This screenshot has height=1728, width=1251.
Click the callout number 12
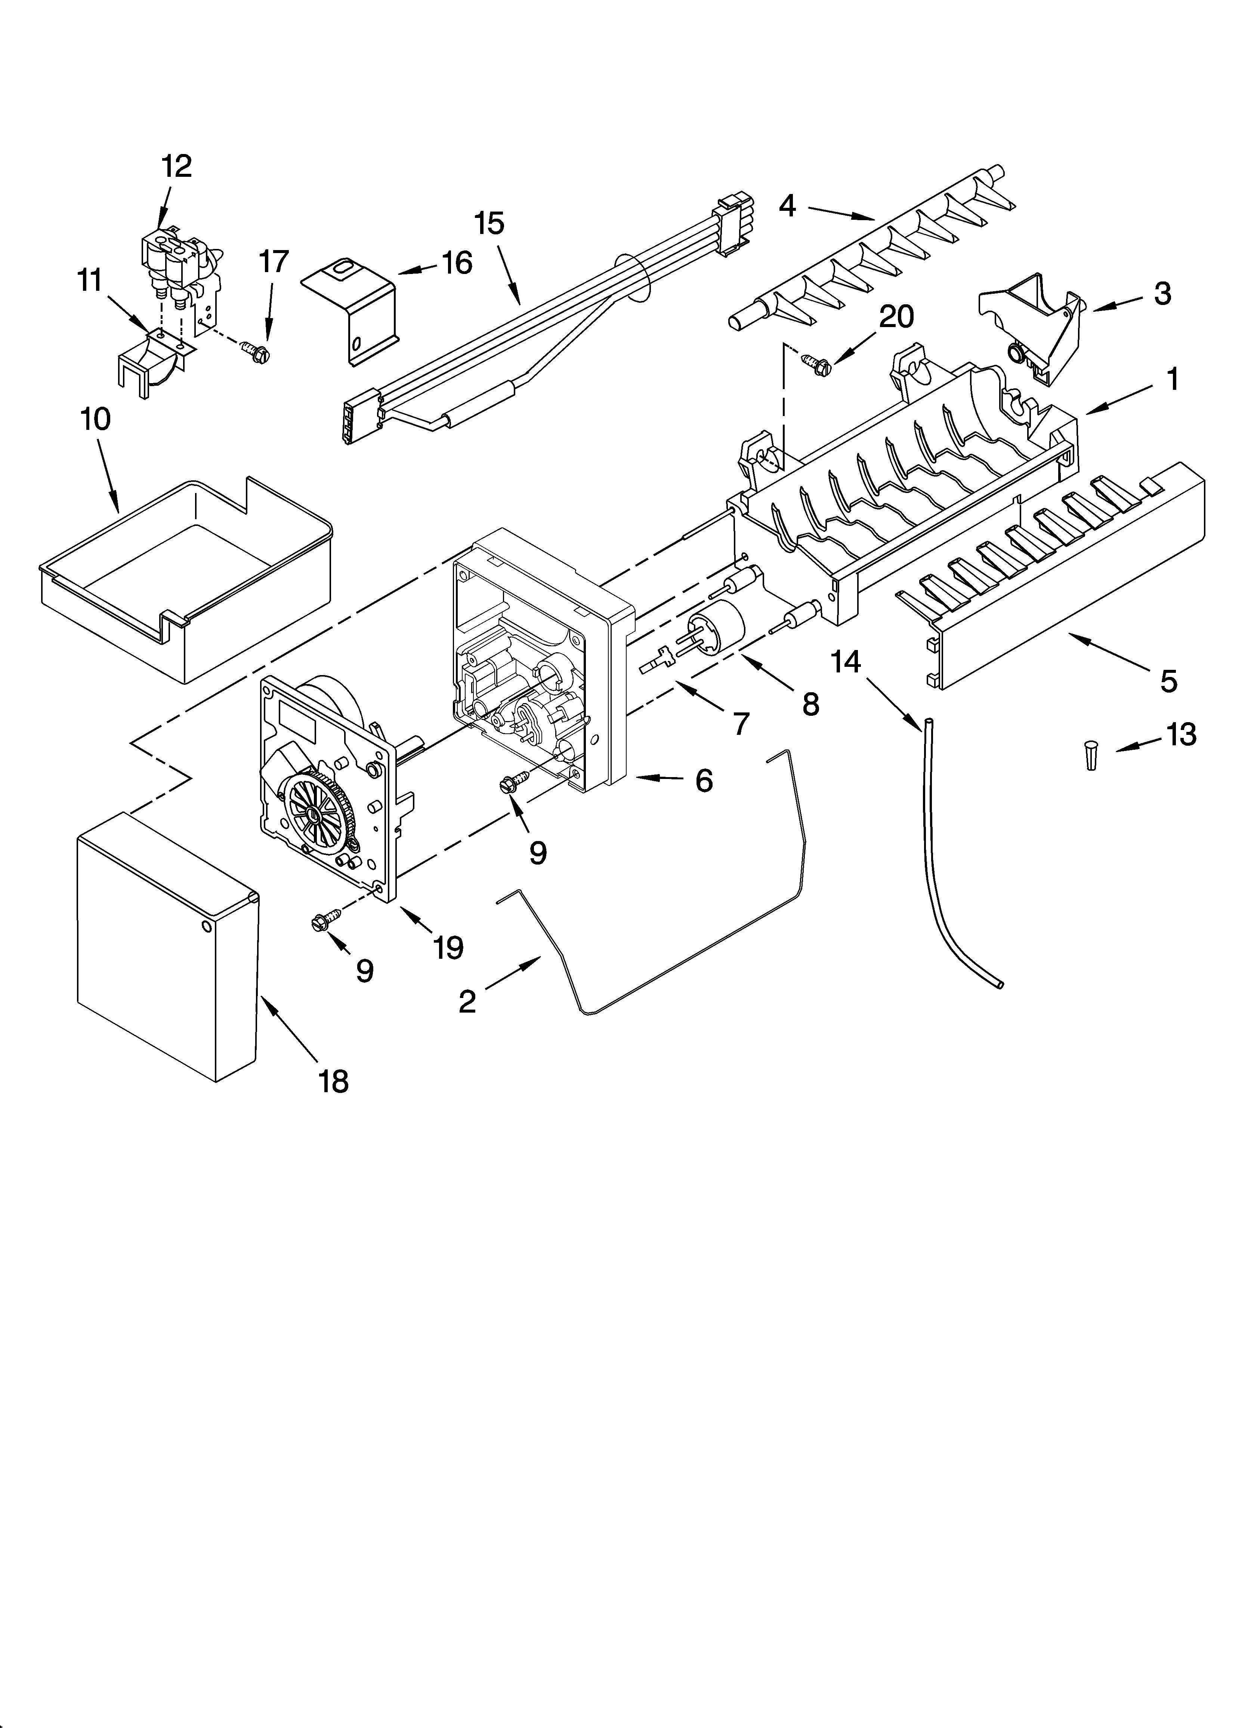point(177,166)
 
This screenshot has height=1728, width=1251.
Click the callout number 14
point(846,662)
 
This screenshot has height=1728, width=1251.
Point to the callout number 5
point(1168,680)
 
